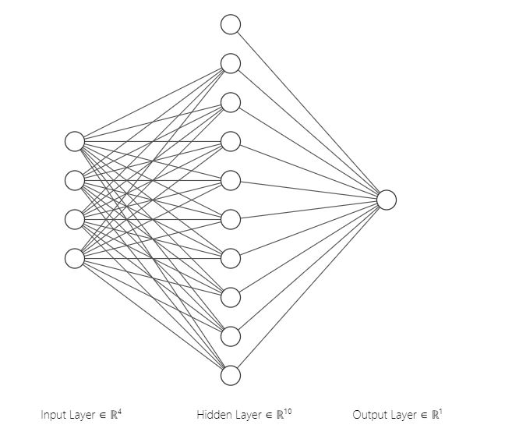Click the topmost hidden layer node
coord(231,24)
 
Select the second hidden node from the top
coord(231,63)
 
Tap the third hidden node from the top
coord(231,102)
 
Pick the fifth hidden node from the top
coord(231,180)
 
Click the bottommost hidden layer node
coord(231,375)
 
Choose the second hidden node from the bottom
coord(231,336)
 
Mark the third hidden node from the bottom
coord(231,297)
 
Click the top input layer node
coord(75,141)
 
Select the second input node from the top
coord(75,180)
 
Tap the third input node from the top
coord(75,219)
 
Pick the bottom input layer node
coord(75,258)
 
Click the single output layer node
coord(387,200)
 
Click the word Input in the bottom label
coord(53,416)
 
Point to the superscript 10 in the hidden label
coord(288,411)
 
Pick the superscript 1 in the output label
coord(440,411)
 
